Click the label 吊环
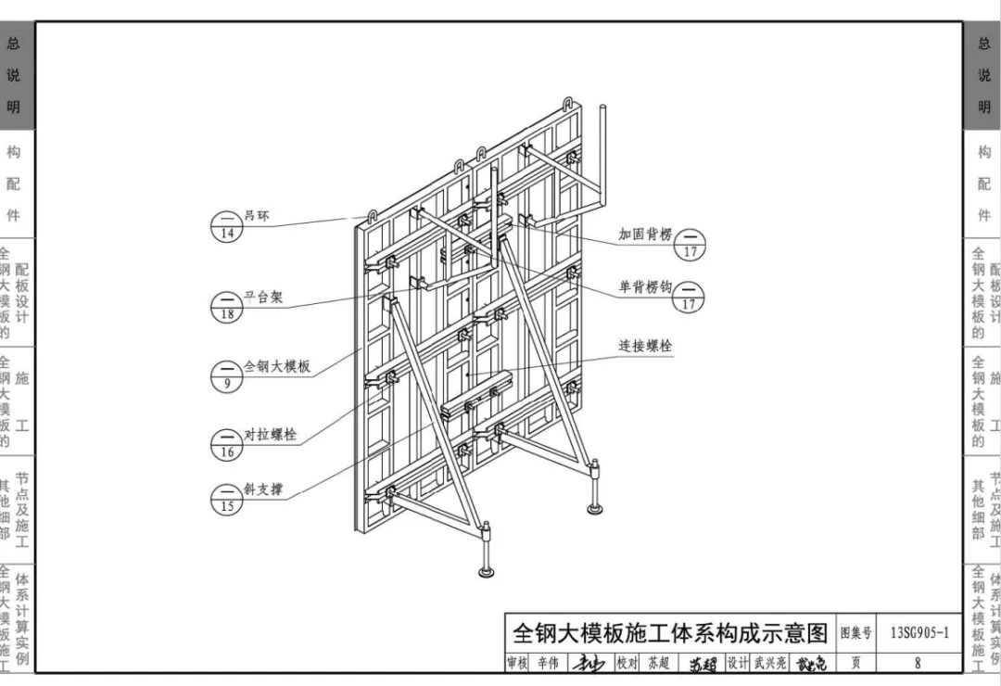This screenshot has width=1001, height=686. point(257,217)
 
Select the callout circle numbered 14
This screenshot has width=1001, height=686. point(227,226)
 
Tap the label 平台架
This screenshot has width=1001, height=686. point(263,299)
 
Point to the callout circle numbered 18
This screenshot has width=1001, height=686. point(227,307)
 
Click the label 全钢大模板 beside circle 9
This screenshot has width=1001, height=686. point(276,367)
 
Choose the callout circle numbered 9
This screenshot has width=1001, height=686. point(227,375)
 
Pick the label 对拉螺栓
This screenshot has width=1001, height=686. point(270,435)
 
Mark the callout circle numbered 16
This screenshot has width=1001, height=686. point(227,444)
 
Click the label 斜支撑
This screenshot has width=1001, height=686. point(263,489)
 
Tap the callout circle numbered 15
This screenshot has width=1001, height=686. point(227,499)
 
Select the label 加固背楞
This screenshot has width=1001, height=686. point(645,235)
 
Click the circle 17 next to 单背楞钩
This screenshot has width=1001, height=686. point(689,297)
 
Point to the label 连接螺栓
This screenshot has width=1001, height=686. point(646,346)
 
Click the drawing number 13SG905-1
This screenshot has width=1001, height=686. point(919,634)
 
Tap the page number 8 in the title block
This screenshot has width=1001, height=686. point(918,663)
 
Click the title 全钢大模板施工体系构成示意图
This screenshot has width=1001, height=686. point(670,633)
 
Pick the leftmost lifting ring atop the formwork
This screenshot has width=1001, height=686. point(373,217)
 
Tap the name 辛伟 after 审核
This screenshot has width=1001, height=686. point(548,663)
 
